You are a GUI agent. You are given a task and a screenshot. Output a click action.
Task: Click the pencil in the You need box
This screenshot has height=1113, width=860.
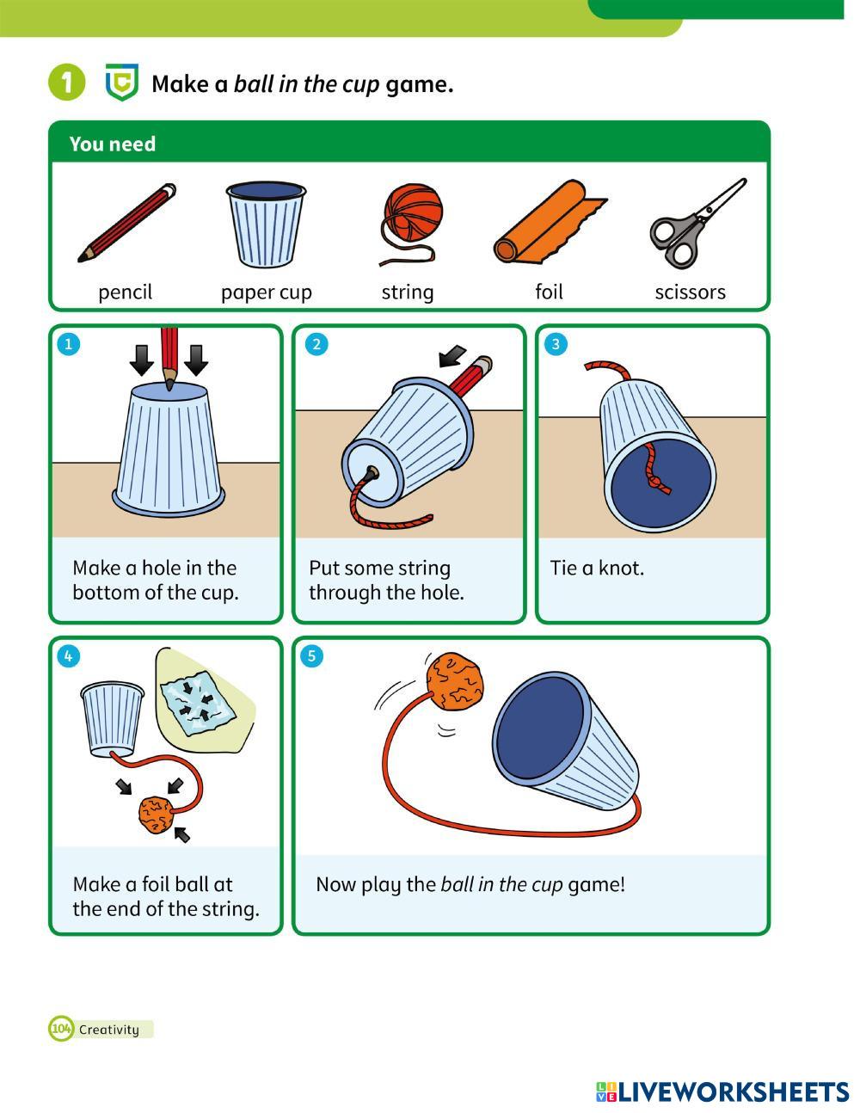point(127,223)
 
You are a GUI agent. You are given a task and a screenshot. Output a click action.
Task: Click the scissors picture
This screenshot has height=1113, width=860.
point(697,223)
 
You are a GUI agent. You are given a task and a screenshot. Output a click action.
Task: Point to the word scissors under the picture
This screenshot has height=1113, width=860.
point(690,292)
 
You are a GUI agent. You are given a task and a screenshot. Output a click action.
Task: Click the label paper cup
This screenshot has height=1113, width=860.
point(267,293)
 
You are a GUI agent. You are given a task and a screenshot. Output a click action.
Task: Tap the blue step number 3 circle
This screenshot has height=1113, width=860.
point(556,344)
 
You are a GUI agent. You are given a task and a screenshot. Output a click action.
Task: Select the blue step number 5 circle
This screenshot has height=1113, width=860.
point(312,656)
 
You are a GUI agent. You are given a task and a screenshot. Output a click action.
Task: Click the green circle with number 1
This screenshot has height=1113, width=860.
point(66,82)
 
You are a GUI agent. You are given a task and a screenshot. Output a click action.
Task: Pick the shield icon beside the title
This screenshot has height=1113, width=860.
point(122,82)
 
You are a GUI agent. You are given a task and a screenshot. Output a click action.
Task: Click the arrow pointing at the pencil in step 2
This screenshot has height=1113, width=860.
point(452,356)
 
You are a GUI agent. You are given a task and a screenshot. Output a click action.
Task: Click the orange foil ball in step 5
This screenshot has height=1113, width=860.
point(455,681)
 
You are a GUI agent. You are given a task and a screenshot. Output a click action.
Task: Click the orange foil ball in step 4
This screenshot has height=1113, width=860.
point(157,815)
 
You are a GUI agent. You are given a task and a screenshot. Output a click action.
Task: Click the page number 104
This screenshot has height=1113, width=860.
point(61,1030)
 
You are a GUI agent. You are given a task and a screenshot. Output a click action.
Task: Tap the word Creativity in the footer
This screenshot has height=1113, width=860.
point(109,1030)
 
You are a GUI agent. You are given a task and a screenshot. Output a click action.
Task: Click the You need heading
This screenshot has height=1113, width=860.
point(113,144)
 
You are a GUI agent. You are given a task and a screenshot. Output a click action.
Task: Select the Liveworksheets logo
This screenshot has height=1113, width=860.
point(722,1092)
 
